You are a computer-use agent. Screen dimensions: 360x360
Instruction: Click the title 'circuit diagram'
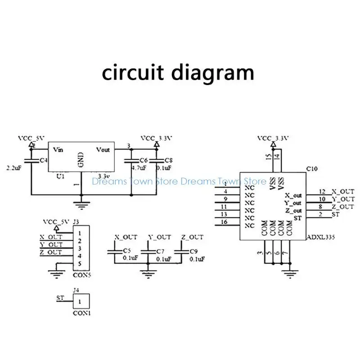coord(178,72)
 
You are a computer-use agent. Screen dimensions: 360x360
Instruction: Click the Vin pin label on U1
coord(58,150)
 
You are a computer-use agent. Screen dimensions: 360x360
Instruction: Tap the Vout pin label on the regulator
coord(103,150)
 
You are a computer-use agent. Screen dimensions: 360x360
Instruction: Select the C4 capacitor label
coord(43,160)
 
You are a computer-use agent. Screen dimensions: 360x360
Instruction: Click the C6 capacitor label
coord(144,160)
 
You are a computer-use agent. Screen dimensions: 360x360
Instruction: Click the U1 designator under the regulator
coord(61,177)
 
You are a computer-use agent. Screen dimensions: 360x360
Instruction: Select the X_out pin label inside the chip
coord(293,196)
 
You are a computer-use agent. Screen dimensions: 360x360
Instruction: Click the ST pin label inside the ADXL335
coord(297,218)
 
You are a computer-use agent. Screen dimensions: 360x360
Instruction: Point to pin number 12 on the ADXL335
coord(322,192)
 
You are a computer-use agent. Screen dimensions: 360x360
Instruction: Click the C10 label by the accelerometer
coord(311,169)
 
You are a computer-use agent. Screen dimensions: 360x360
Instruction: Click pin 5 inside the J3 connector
coord(79,264)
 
